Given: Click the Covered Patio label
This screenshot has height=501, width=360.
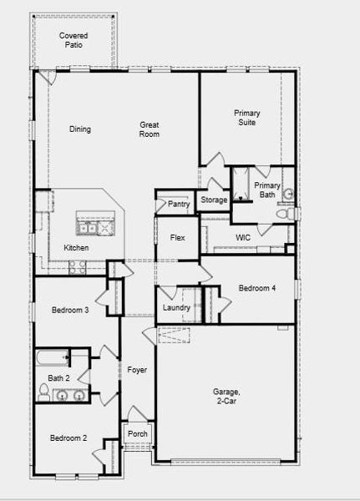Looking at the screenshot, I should pos(74,41).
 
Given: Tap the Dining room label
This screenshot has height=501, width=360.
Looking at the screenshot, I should pos(80,129).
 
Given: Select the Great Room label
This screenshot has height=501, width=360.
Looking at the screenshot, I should pos(150,129).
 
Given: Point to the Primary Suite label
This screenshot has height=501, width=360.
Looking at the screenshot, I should pos(246,118).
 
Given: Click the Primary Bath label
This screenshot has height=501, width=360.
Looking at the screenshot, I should pos(267,190).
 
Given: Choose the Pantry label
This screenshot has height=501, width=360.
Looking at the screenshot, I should pos(179,204).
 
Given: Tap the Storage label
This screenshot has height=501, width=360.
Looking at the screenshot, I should pos(214,200).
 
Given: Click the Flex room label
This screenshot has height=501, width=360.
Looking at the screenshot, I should pos(177,238).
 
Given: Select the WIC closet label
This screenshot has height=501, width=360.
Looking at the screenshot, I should pos(243,238).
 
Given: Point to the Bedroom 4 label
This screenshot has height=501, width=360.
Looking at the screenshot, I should pos(257,288).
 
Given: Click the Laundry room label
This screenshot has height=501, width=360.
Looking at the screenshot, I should pos(176,308).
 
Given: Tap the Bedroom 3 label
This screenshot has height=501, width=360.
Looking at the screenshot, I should pos(69,311).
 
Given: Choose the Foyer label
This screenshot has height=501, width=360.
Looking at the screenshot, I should pos(137,369).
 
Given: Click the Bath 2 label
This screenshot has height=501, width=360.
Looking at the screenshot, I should pos(58,378).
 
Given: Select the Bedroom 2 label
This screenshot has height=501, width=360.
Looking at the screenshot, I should pos(68,438).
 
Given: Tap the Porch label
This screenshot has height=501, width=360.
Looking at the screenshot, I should pos(137,434).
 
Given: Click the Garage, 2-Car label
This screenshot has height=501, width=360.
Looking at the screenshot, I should pos(226,396).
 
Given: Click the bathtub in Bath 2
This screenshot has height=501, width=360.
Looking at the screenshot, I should pos(53,359).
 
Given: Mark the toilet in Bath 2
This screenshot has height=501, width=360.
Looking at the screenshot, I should pos(44,390).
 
